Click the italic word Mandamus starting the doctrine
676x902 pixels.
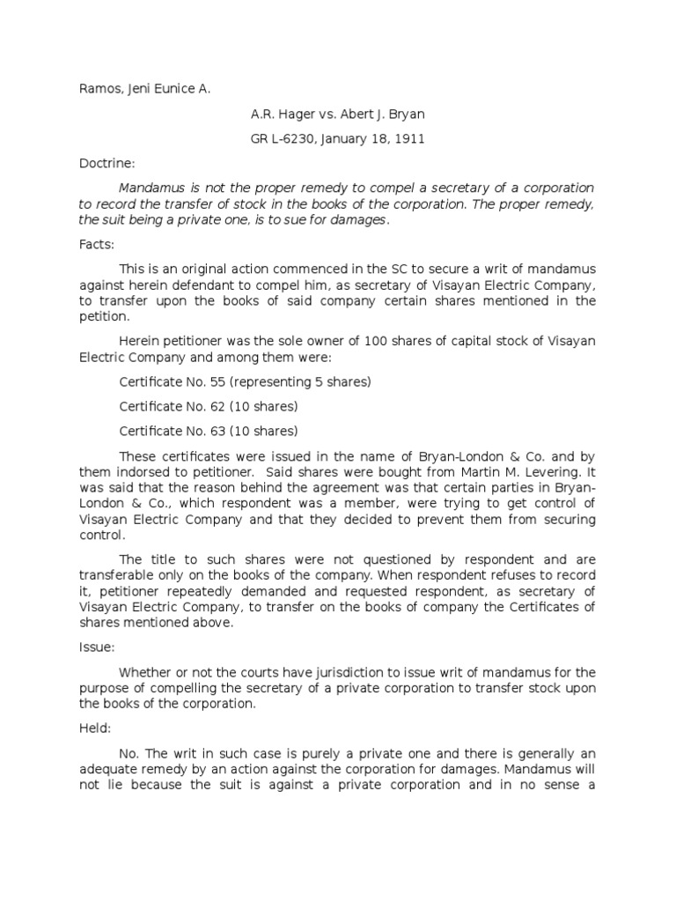[x=151, y=189]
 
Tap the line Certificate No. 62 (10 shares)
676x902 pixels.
[x=208, y=407]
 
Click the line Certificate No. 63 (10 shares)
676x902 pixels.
[x=208, y=432]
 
